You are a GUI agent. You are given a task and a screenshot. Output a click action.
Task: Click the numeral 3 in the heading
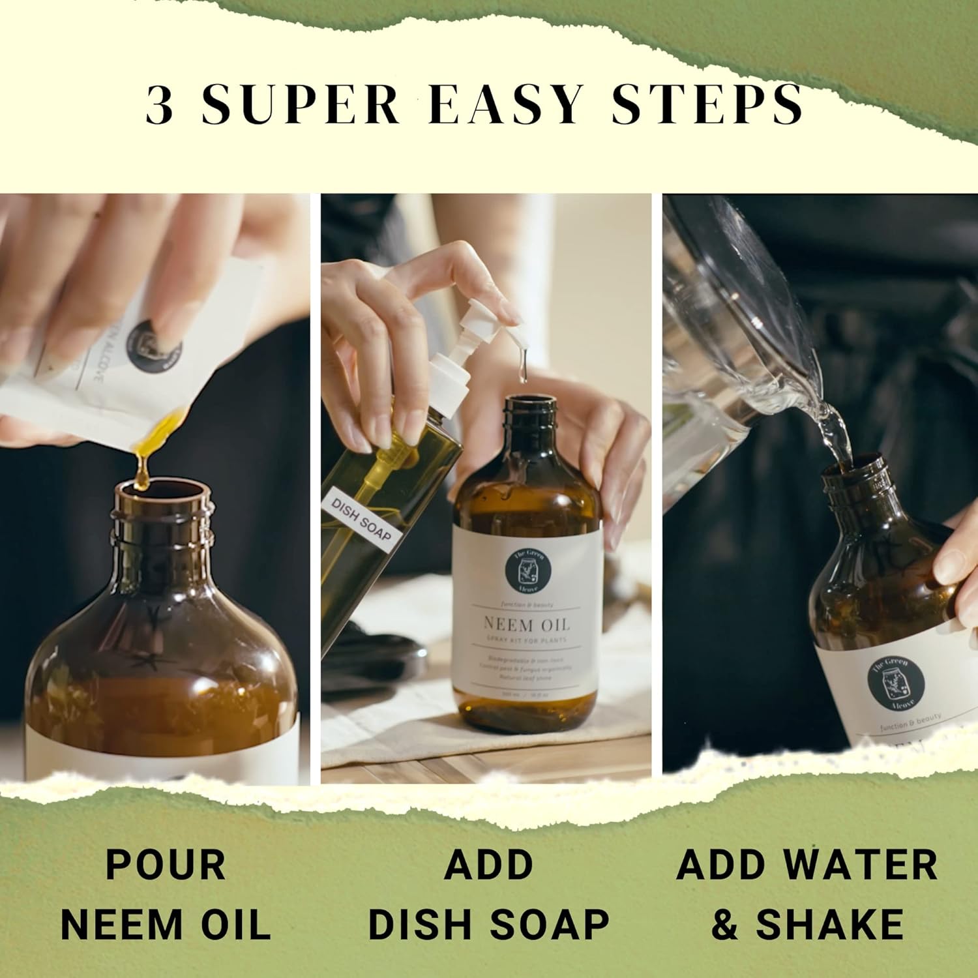160,104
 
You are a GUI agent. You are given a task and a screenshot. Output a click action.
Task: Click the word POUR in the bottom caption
166,865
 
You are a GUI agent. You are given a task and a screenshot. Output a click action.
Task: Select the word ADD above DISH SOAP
488,865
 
